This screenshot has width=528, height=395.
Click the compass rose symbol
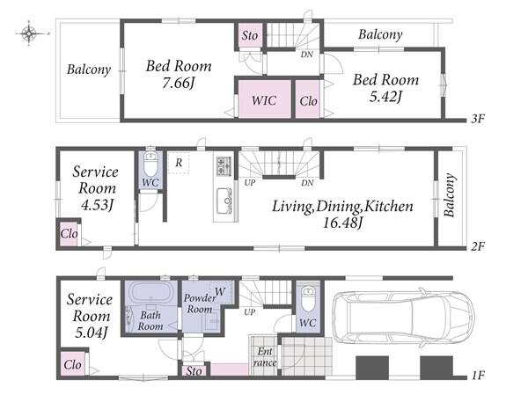click(29, 33)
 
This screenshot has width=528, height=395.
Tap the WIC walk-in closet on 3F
click(264, 99)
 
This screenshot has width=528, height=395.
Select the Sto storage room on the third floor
click(250, 36)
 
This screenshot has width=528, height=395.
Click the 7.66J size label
click(179, 84)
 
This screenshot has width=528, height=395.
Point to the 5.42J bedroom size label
click(386, 97)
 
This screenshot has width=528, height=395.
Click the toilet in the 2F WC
click(150, 163)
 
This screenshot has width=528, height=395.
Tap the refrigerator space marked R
click(179, 163)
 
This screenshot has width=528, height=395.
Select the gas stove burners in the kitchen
click(224, 166)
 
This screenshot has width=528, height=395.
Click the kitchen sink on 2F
click(224, 201)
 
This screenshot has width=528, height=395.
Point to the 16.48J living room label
click(343, 223)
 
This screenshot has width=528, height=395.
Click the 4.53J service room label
click(97, 205)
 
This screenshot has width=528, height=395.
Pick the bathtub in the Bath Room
click(150, 292)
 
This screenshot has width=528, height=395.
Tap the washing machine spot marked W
click(220, 291)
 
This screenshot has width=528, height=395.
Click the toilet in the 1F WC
click(307, 297)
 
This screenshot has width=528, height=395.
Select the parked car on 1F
click(403, 318)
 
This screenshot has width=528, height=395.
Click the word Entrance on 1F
click(265, 356)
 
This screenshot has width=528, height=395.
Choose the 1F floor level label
click(478, 375)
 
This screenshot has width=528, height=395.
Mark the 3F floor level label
click(478, 119)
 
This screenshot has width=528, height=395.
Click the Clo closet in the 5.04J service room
click(73, 364)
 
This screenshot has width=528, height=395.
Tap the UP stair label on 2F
click(250, 183)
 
